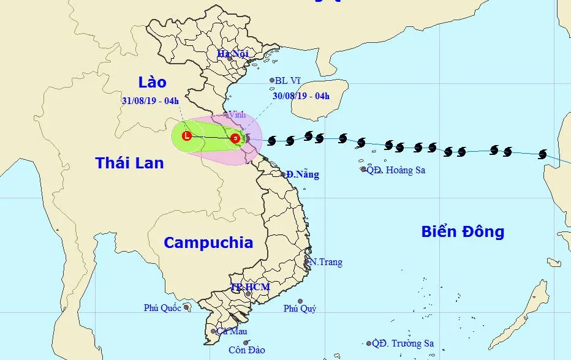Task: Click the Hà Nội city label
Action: tap(233, 54)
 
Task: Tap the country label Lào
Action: tap(152, 83)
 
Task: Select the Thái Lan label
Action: tap(130, 163)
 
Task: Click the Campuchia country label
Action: tap(208, 242)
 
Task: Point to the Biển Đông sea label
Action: tap(463, 231)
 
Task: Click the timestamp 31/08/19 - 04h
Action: tap(151, 100)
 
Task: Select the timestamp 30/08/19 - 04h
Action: tap(301, 95)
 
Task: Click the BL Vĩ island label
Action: tap(287, 80)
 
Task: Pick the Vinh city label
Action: tap(237, 114)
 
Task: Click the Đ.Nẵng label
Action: tap(303, 174)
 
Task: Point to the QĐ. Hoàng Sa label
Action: tap(396, 170)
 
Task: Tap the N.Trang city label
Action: tap(326, 262)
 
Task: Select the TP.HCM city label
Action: tap(250, 287)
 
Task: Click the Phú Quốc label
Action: tap(162, 308)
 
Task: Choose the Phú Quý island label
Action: tap(300, 309)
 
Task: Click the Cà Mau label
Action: tap(227, 331)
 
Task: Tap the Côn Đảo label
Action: tap(247, 350)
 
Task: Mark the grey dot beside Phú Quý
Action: tap(300, 301)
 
